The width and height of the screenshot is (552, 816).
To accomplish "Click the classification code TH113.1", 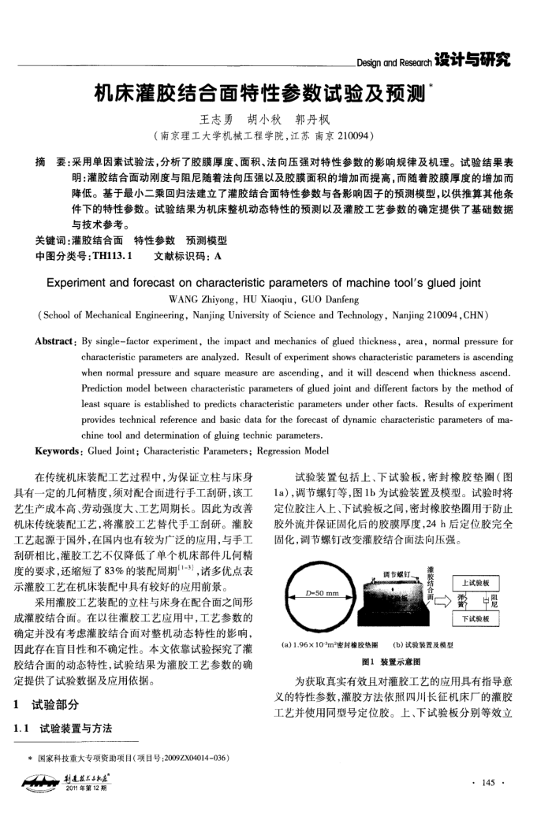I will (x=112, y=257).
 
